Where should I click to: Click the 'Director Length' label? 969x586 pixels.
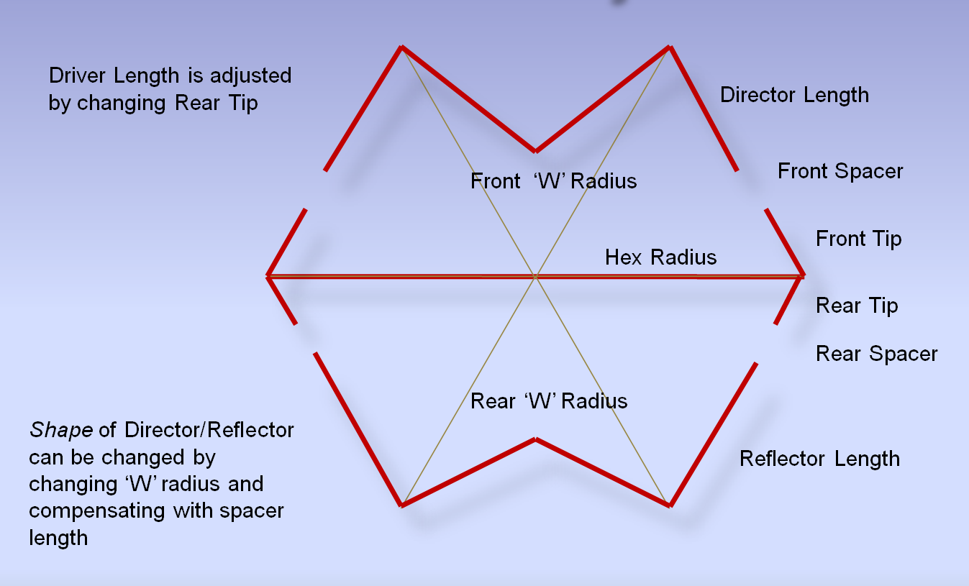click(x=794, y=95)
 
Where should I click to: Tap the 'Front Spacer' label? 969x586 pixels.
click(x=840, y=171)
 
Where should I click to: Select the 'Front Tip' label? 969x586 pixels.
click(x=858, y=238)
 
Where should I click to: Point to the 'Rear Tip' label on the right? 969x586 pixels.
click(x=857, y=306)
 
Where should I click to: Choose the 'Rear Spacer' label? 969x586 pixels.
click(x=876, y=354)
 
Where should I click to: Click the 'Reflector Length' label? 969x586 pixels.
click(x=819, y=459)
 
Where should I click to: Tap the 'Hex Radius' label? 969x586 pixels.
click(x=660, y=257)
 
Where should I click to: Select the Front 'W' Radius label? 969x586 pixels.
click(x=553, y=180)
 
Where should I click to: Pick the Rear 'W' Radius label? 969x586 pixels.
click(x=549, y=400)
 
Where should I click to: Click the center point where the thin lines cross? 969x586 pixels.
click(x=535, y=275)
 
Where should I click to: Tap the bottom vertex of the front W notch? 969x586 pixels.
click(x=535, y=151)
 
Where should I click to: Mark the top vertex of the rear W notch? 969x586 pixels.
click(x=535, y=439)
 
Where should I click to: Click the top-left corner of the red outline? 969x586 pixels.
click(x=401, y=47)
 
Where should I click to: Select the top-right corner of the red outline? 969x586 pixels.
click(x=670, y=47)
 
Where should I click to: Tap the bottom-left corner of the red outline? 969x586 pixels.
click(x=401, y=505)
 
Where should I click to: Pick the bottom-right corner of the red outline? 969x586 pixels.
click(x=670, y=505)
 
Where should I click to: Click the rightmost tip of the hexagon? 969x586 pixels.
click(x=803, y=275)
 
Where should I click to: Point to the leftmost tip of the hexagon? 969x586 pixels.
click(x=268, y=275)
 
